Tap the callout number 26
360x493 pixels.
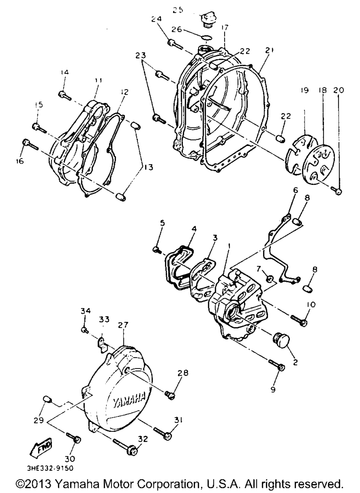[177, 30]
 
